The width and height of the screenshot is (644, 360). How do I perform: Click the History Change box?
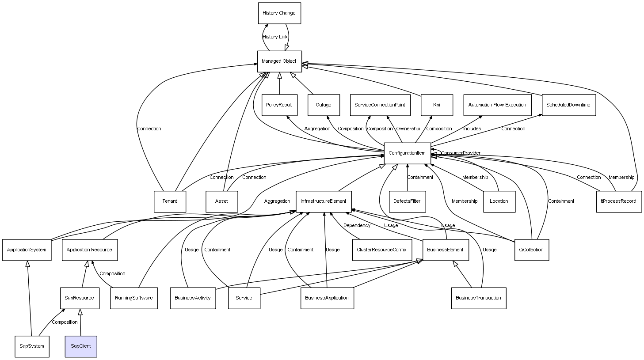coord(279,13)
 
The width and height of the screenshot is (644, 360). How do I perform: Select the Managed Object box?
coord(279,61)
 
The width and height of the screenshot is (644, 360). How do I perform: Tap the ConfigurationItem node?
coord(407,153)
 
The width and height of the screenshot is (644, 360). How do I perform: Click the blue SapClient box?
coord(81,346)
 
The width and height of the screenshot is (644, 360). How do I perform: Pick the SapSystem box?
coord(32,346)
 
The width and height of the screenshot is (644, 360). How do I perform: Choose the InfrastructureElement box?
coord(324,201)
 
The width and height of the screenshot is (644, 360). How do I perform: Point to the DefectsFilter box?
coord(407,201)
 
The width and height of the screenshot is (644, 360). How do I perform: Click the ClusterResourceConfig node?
coord(381,250)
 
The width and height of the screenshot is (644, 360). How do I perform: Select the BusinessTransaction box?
coord(478,298)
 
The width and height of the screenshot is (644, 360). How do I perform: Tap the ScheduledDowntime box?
coord(568,105)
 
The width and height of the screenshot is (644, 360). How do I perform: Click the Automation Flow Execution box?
coord(497,105)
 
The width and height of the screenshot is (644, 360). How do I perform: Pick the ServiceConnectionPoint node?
coord(380,105)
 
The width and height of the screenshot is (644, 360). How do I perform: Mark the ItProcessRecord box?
coord(618,201)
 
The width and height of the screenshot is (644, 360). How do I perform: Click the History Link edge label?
coord(275,37)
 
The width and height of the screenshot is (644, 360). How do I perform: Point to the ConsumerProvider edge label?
coord(461,153)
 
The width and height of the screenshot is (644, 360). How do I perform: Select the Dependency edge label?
coord(357,226)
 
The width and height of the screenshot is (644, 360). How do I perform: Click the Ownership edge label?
coord(408,129)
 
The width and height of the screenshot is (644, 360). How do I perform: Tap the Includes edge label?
coord(472,129)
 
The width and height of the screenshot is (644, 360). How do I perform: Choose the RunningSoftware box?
coord(134,298)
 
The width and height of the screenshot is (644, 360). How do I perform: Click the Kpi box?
coord(437,105)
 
